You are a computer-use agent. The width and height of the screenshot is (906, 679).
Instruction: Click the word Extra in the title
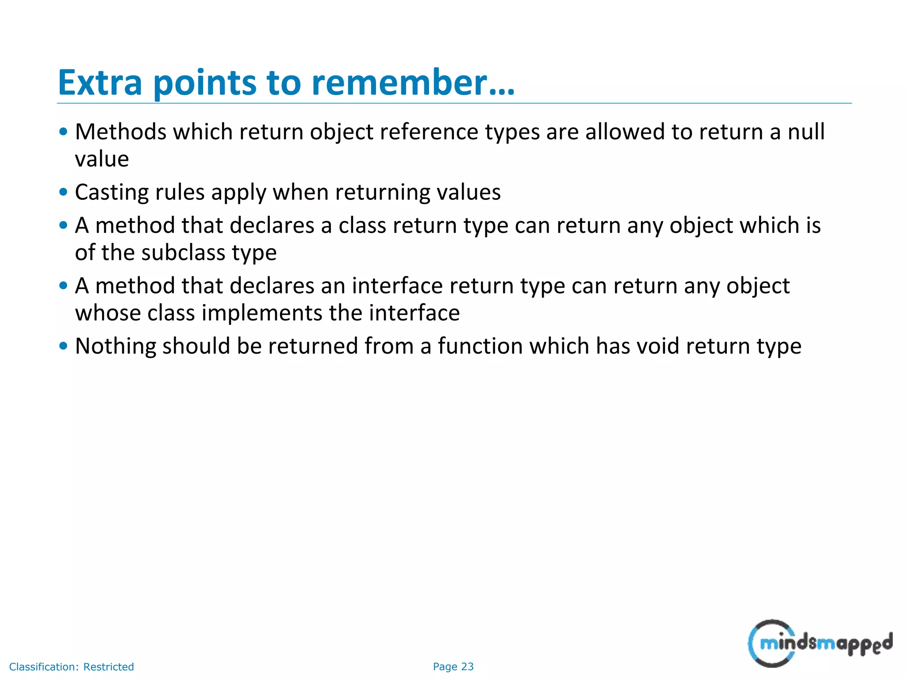tap(100, 83)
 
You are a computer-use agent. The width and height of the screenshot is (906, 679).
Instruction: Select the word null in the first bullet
tap(806, 132)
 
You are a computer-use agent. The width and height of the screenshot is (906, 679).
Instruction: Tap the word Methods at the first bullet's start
tap(120, 132)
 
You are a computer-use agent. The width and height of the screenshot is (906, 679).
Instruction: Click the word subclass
tap(183, 253)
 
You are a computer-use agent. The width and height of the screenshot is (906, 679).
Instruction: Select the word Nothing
tap(115, 346)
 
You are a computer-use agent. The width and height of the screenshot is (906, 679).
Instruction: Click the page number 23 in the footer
tap(467, 667)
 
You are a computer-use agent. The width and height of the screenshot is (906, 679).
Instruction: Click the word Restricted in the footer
tap(108, 667)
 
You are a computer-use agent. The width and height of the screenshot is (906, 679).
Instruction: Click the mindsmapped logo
tap(820, 643)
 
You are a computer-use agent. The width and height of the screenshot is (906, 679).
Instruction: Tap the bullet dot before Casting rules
tap(63, 192)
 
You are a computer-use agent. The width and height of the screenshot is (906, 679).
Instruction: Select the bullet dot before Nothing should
tap(63, 346)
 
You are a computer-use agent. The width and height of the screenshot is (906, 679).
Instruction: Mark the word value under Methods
tap(102, 159)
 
